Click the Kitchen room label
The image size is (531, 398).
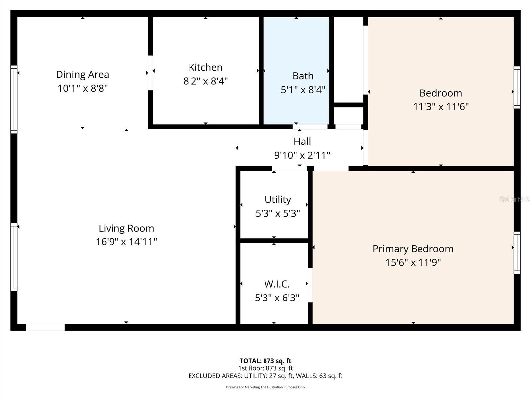pos(205,67)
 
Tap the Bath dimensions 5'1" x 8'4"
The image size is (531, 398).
pos(303,90)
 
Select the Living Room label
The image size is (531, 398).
pos(126,228)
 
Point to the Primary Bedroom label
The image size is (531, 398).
pos(413,249)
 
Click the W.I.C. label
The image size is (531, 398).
pos(277,284)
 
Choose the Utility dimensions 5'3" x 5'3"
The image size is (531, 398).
pos(277,213)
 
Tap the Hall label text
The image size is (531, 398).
pos(302,141)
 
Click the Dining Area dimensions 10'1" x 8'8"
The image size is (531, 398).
pos(82,88)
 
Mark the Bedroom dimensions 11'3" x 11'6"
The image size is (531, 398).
pos(440,107)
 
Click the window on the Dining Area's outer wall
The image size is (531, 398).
pos(14,99)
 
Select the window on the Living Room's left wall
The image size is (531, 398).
pos(14,257)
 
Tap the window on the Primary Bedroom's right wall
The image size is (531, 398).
pos(517,253)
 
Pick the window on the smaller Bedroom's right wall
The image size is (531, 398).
pos(517,88)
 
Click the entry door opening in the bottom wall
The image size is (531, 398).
pos(45,327)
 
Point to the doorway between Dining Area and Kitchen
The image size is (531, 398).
pos(150,73)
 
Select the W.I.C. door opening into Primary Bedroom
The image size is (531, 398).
pos(310,285)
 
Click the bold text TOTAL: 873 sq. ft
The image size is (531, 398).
pos(265,361)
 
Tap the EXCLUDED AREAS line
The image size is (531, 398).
pos(265,376)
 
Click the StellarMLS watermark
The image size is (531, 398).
pos(514,199)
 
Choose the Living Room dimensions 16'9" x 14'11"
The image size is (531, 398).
pos(126,242)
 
